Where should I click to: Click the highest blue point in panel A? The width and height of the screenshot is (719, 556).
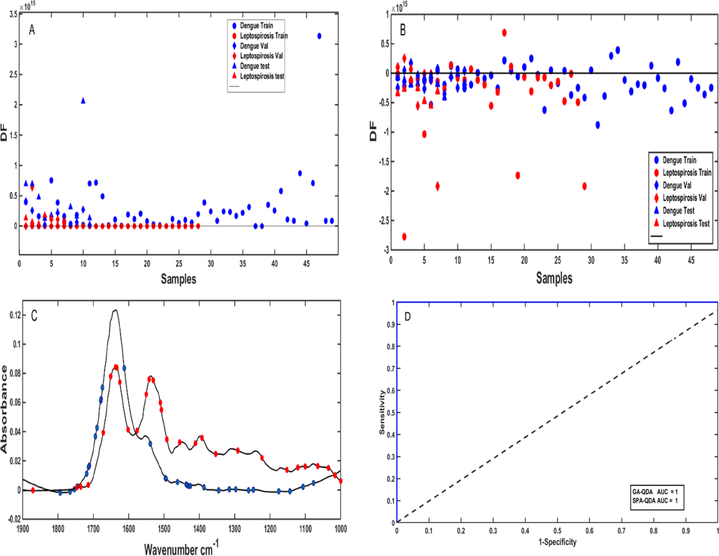click(319, 36)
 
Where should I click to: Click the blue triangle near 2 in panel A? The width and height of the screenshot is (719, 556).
click(83, 101)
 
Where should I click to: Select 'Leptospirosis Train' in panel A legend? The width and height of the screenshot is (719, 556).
click(264, 36)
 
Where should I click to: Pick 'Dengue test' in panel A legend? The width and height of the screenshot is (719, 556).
click(255, 66)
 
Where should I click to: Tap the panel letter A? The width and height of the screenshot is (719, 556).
click(32, 30)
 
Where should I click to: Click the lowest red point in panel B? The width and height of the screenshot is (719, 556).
click(404, 237)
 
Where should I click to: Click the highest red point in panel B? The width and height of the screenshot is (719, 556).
click(504, 33)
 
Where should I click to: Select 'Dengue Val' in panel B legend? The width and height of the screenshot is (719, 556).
click(677, 185)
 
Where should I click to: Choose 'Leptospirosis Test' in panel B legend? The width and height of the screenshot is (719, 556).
click(686, 223)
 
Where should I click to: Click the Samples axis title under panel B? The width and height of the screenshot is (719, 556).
click(554, 278)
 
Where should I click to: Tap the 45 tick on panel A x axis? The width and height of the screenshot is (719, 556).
click(307, 264)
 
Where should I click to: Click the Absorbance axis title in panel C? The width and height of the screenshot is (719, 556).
click(4, 409)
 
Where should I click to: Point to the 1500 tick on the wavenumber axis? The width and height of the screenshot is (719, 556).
click(164, 529)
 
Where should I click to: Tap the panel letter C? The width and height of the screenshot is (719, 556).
click(34, 316)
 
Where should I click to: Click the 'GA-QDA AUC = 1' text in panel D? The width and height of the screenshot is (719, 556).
click(655, 492)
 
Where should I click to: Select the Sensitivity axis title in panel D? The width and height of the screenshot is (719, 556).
click(382, 412)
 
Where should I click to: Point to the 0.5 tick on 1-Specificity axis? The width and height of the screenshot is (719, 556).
click(557, 531)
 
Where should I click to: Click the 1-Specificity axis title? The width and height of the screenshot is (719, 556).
click(557, 542)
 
